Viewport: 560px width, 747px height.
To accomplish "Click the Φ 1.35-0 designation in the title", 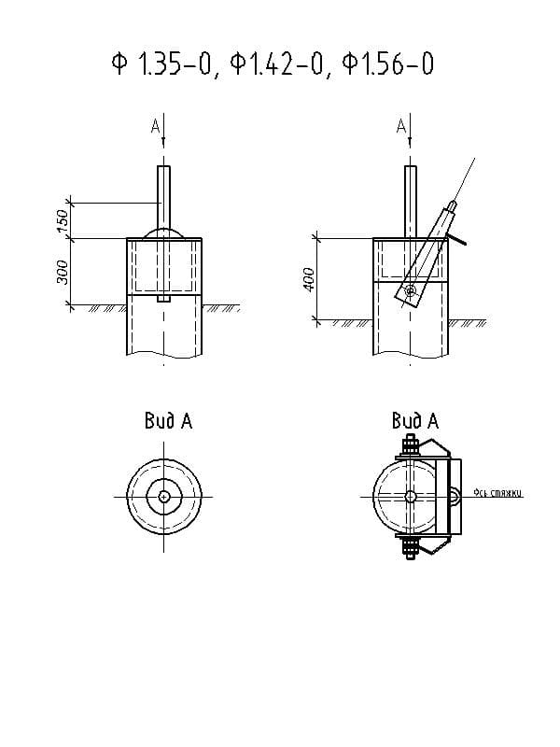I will point(162,65).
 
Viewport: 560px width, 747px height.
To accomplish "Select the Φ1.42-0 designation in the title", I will point(276,65).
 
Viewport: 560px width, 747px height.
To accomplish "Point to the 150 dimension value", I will point(62,220).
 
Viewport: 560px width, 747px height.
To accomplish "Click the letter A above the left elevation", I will point(156,126).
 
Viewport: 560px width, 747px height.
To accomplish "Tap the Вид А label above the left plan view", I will point(168,421).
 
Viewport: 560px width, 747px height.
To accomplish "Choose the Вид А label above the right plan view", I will point(414,421).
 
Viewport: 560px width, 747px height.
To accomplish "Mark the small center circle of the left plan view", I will point(164,497).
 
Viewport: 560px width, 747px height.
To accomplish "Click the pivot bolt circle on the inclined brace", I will point(410,292).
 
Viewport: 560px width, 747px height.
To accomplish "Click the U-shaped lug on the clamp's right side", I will point(455,497).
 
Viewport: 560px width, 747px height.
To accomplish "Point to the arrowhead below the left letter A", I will point(164,141).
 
